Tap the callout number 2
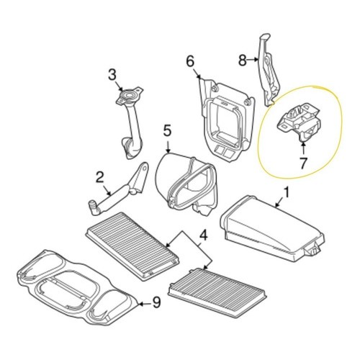[99, 177]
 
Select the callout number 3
[112, 74]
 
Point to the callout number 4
[203, 235]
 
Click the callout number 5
[167, 131]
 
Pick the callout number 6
[190, 61]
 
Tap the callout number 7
[303, 163]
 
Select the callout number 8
[242, 60]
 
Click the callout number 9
[156, 302]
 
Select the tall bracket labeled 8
[269, 70]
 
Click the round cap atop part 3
[130, 95]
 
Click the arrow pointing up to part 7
[303, 148]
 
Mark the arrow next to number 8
[253, 59]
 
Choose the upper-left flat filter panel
[132, 246]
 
